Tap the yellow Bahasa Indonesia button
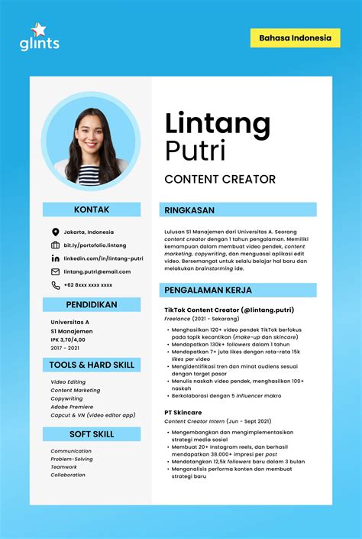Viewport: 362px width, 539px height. [x=295, y=37]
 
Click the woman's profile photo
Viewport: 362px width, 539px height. [x=91, y=145]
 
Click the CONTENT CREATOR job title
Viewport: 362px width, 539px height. [x=220, y=179]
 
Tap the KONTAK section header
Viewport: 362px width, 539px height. [x=92, y=209]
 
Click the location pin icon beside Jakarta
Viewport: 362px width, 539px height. [x=55, y=232]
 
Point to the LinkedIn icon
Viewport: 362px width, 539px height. [x=55, y=258]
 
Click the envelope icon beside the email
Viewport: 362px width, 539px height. [x=55, y=271]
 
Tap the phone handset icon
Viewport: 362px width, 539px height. [x=55, y=285]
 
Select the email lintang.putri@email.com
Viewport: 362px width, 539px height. [x=97, y=271]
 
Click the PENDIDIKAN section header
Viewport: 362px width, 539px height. [x=92, y=304]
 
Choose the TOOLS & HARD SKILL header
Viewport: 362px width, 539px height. [x=92, y=365]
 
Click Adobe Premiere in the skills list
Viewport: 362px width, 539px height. [x=72, y=407]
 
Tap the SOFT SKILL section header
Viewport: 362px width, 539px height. [x=92, y=434]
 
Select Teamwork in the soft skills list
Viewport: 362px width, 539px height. [x=64, y=467]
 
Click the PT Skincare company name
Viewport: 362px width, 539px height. [x=183, y=413]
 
